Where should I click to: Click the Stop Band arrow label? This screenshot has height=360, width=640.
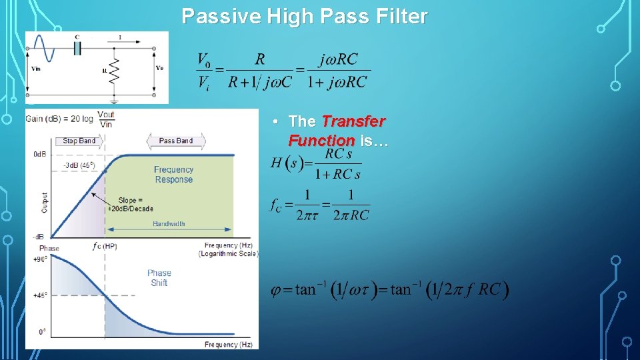click(79, 141)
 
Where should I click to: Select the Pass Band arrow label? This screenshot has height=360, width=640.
click(175, 141)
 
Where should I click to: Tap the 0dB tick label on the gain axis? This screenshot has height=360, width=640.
click(39, 155)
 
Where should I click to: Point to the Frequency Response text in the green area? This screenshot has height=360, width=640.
click(173, 175)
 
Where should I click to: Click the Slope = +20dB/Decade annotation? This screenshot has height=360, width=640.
click(130, 204)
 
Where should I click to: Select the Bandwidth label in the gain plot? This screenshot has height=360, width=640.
click(169, 224)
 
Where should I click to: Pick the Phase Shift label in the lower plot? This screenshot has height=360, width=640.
click(159, 278)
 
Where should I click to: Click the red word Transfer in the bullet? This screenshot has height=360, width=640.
click(353, 121)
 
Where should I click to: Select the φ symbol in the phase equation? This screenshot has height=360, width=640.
click(277, 290)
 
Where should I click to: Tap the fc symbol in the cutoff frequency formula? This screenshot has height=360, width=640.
click(276, 204)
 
